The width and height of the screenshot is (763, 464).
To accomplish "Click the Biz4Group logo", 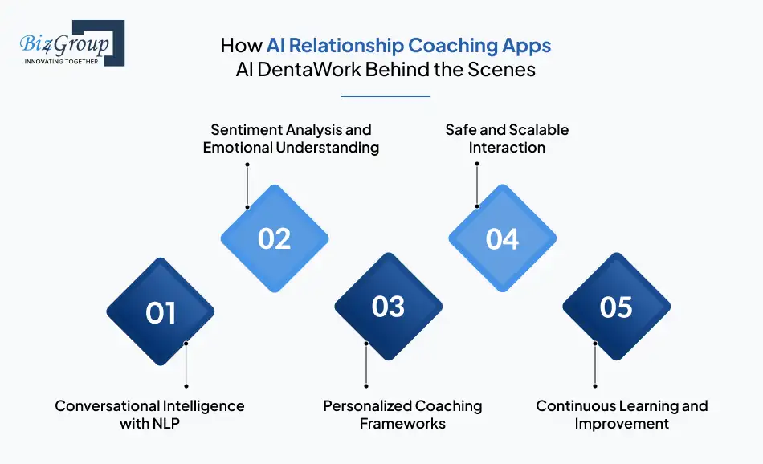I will tap(71, 43).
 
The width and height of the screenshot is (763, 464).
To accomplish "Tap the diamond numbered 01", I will tap(161, 311).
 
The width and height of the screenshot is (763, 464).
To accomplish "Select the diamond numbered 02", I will tap(275, 238).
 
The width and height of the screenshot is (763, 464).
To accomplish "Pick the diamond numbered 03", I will tap(389, 306).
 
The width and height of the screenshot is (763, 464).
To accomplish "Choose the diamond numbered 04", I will tap(503, 238).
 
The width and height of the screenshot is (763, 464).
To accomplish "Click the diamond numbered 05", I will tap(616, 306).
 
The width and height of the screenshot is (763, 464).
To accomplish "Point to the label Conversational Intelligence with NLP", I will tap(149, 414).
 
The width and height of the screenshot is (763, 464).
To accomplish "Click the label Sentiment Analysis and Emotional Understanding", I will tap(291, 138).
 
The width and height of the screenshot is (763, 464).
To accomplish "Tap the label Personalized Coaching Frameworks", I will tap(402, 414).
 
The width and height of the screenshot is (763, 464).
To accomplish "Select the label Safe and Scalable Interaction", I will tap(507, 138).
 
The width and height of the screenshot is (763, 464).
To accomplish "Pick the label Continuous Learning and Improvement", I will tap(622, 414).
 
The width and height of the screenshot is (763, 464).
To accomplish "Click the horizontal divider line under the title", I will tap(386, 96).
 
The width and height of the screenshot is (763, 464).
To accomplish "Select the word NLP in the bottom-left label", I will tap(165, 424).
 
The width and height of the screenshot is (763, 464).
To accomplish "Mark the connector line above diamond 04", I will tap(477, 185).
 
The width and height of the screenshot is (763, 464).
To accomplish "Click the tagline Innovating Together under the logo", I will tap(62, 61).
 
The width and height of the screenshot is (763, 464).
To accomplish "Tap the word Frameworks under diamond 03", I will tap(402, 424).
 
